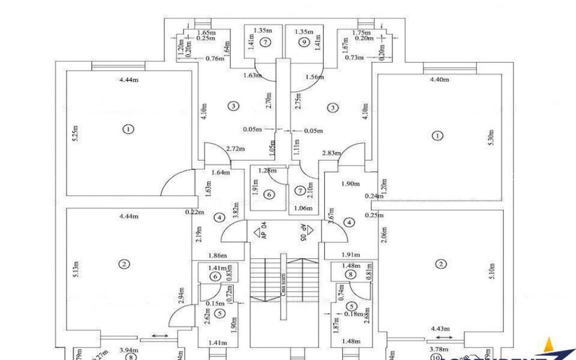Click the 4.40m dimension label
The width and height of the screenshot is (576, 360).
(439, 80)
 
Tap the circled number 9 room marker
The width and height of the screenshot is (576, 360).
(303, 42)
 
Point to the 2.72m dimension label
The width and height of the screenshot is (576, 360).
(236, 149)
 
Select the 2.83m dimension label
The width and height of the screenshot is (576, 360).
(331, 153)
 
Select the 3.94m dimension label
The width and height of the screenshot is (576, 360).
(115, 351)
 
